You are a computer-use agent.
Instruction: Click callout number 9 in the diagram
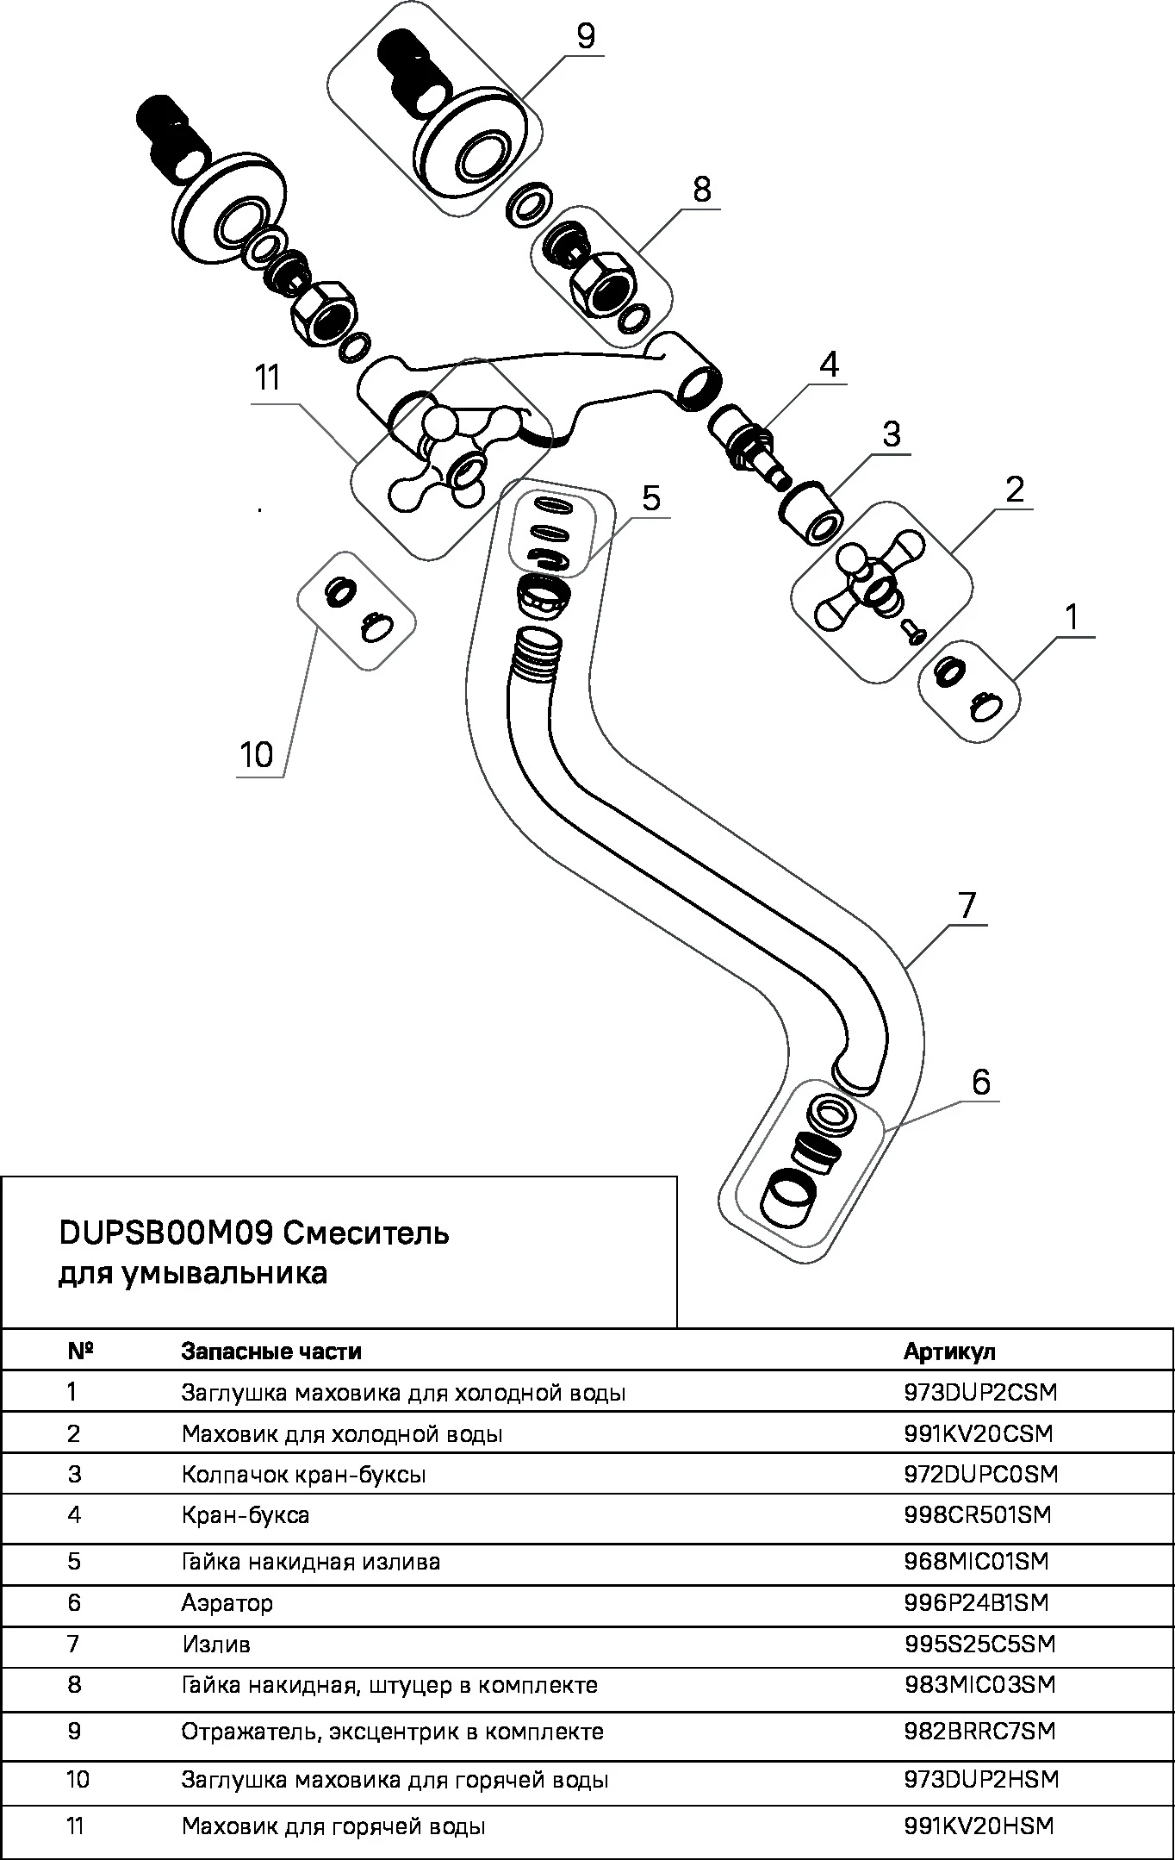click(x=586, y=37)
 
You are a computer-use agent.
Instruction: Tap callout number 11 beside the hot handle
click(x=268, y=378)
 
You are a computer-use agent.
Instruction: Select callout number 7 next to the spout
click(x=967, y=906)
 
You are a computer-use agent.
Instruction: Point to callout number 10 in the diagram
click(x=256, y=755)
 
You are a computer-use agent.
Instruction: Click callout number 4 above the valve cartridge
click(x=828, y=365)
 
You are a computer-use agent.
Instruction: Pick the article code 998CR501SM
click(x=978, y=1514)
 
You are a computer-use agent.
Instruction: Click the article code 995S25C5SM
click(x=979, y=1644)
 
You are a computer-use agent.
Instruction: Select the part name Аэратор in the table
click(x=227, y=1602)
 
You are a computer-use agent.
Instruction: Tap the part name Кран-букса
click(x=246, y=1514)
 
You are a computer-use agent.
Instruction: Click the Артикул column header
click(x=949, y=1351)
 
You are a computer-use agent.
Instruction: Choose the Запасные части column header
click(x=271, y=1351)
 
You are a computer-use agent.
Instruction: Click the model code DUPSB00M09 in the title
click(x=166, y=1233)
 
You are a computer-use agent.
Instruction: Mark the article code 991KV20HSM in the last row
click(x=979, y=1826)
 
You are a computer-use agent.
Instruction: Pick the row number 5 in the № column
click(x=74, y=1561)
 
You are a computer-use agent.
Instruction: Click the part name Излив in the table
click(x=216, y=1644)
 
